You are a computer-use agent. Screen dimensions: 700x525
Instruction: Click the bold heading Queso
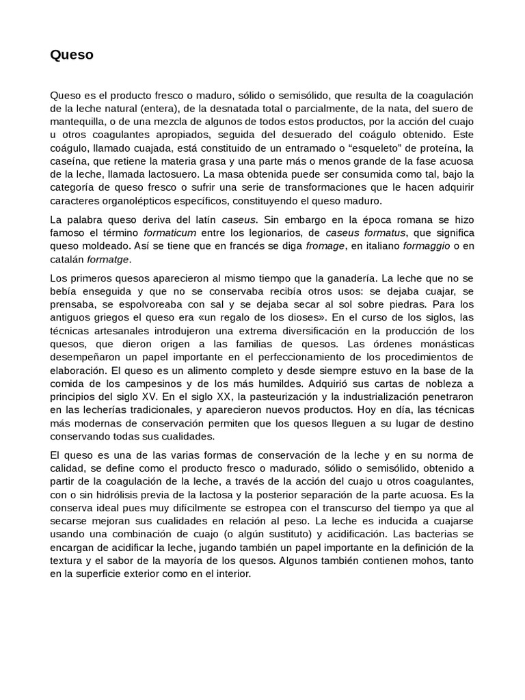72,56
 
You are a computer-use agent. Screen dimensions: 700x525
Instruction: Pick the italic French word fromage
325,247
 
